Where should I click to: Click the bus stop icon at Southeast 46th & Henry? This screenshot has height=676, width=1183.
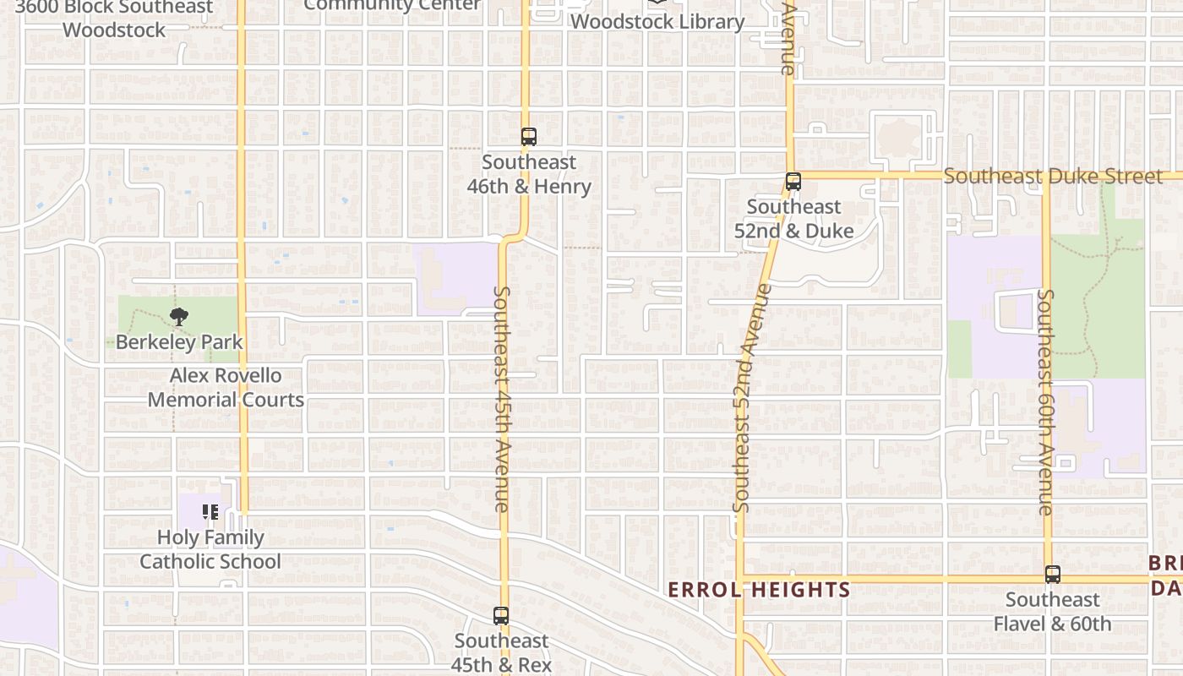tap(528, 137)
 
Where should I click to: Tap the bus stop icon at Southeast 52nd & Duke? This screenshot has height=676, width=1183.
tap(793, 182)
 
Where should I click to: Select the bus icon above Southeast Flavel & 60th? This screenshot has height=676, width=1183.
tap(1052, 575)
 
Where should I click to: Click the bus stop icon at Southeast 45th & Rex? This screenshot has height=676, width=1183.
tap(501, 616)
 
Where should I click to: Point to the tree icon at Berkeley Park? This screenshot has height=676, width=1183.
tap(178, 318)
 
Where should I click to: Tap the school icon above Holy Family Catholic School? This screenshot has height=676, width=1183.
tap(210, 512)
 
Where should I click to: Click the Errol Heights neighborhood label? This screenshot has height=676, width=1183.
tap(759, 590)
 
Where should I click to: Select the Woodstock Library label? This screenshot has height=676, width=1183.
tap(657, 21)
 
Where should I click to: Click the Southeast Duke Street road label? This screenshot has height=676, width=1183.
tap(1053, 177)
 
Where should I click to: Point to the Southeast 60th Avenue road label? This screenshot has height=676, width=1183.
tap(1046, 401)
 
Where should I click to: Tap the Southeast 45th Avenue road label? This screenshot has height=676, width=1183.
tap(501, 399)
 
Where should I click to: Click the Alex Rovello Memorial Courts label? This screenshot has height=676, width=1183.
tap(226, 388)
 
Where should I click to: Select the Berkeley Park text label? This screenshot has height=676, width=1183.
tap(179, 342)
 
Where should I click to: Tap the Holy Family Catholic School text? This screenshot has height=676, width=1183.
tap(210, 549)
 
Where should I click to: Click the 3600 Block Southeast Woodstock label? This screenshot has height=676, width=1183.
tap(114, 19)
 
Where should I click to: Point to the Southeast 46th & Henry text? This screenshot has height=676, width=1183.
tap(529, 174)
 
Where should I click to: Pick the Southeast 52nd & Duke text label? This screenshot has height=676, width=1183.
tap(800, 219)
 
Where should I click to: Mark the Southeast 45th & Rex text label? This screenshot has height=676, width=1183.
tap(501, 652)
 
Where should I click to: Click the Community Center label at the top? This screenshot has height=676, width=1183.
tap(392, 5)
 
